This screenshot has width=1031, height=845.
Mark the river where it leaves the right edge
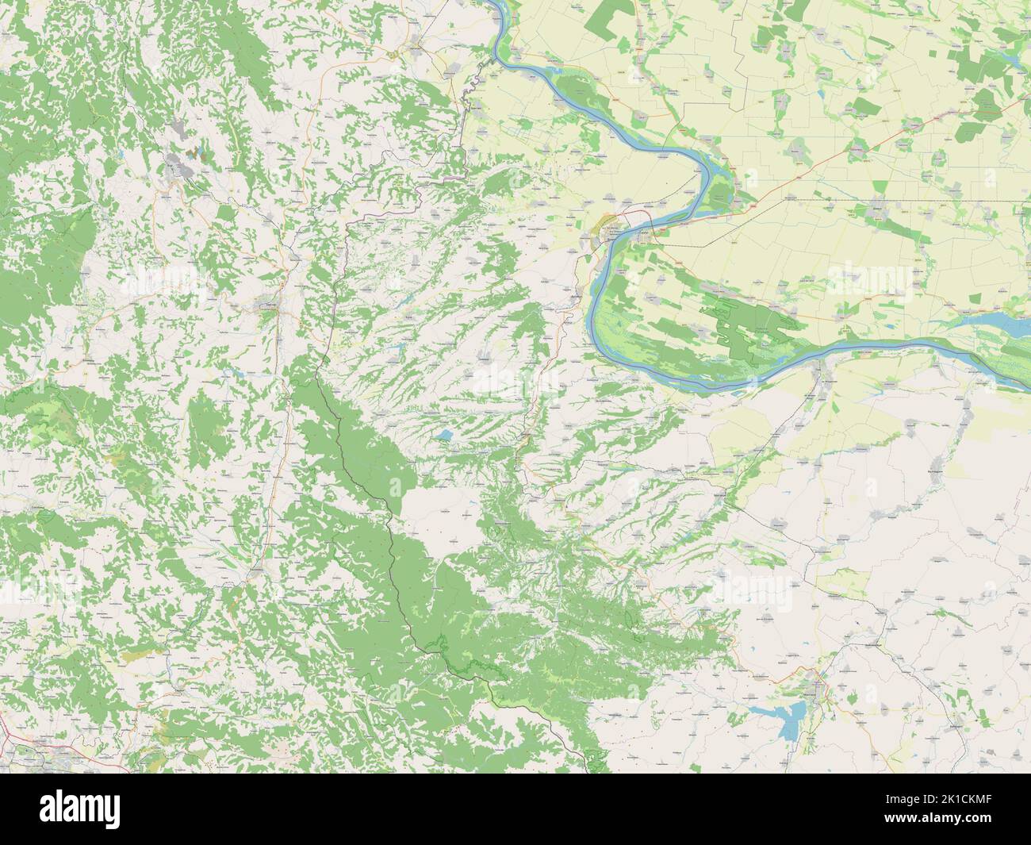pos(1023,381)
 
